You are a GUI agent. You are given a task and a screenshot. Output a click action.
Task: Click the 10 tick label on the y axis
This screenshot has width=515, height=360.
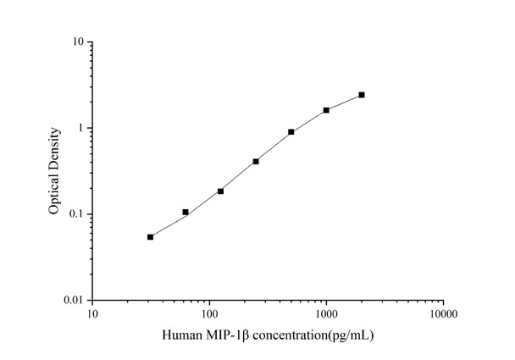(x=77, y=42)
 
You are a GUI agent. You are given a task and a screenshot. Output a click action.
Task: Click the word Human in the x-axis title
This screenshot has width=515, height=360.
(x=181, y=335)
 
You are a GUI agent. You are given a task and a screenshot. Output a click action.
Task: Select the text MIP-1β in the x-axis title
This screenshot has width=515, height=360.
(x=222, y=335)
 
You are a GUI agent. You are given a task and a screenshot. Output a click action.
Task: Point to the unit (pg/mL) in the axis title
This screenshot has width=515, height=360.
(x=347, y=335)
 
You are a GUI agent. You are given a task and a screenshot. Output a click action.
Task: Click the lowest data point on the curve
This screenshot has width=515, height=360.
(x=150, y=237)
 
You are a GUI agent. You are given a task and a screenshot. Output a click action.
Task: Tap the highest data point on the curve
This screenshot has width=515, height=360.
(x=362, y=95)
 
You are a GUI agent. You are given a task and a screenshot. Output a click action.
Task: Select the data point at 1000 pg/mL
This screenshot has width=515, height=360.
(x=326, y=110)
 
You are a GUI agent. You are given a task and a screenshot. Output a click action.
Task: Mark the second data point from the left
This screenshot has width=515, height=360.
(x=186, y=212)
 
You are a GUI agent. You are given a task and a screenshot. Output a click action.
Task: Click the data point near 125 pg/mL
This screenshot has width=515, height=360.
(x=220, y=191)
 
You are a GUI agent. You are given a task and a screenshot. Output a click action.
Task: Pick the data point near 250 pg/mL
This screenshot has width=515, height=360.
(x=256, y=161)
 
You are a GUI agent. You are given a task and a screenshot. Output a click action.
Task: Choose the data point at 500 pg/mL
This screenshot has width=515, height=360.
(x=291, y=132)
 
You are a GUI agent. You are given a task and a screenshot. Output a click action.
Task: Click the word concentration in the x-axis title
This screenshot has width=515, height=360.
(x=285, y=335)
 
